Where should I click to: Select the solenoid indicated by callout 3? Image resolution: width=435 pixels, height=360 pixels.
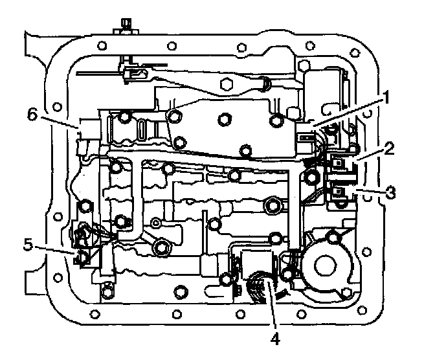[339, 193]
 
